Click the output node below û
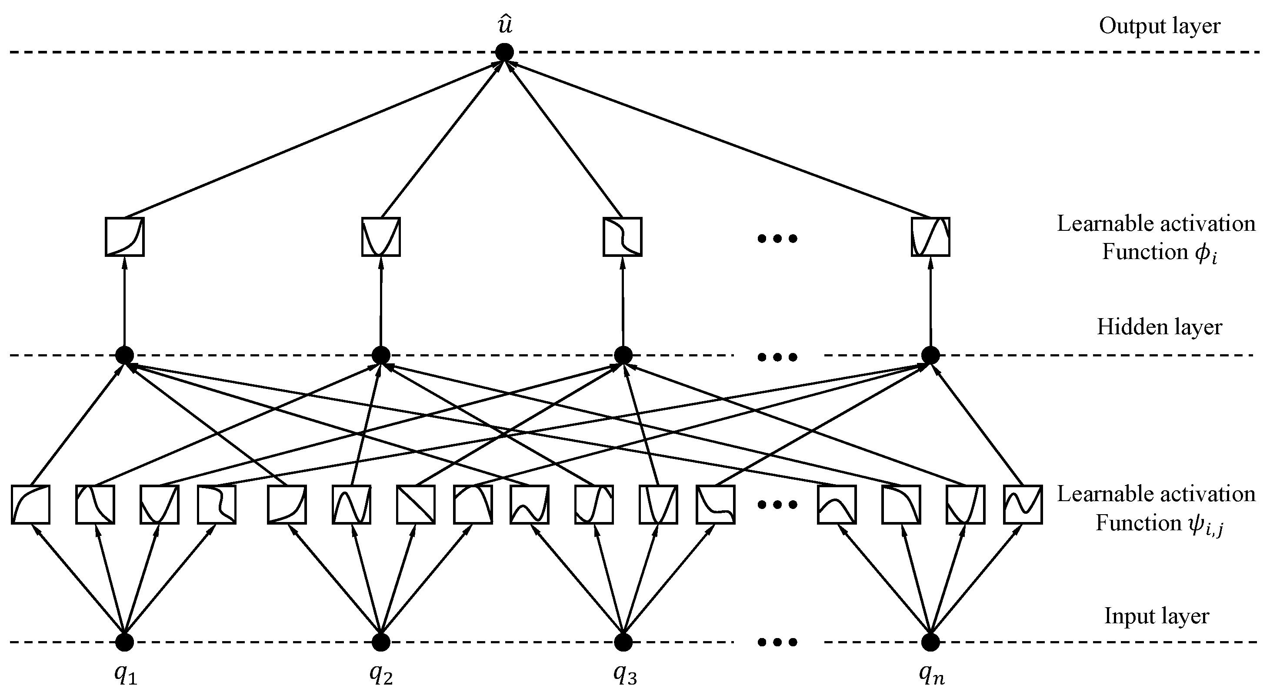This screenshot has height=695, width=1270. [504, 52]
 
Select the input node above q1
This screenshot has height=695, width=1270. [124, 642]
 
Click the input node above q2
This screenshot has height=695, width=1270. [380, 642]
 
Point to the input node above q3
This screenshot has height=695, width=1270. [623, 642]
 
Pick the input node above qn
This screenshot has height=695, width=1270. [930, 642]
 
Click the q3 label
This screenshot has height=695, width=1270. [625, 675]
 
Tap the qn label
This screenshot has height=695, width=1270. [931, 675]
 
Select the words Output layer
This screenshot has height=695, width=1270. [1159, 26]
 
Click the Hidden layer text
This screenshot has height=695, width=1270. [1159, 327]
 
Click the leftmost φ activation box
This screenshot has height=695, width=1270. [125, 236]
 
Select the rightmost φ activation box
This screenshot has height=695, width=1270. [930, 236]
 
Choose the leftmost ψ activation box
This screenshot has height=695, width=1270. [30, 504]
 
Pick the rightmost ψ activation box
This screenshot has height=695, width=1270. [1023, 504]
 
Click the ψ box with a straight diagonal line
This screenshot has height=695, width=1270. [416, 504]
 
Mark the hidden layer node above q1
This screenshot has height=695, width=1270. [124, 355]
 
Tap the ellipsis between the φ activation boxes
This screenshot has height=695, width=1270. [777, 239]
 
